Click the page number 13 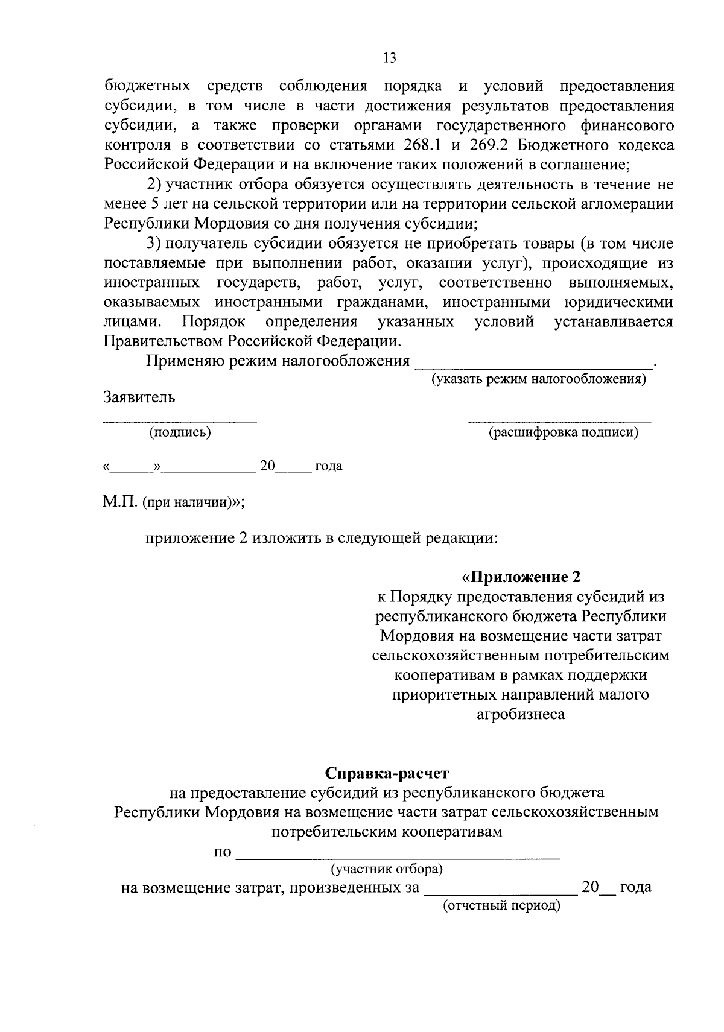tap(389, 58)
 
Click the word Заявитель tap(139, 397)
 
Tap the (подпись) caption tap(180, 432)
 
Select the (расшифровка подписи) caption tap(564, 432)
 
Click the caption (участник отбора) tap(387, 869)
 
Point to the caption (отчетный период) tap(502, 905)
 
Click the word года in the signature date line tap(329, 466)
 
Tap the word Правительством tap(164, 341)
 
